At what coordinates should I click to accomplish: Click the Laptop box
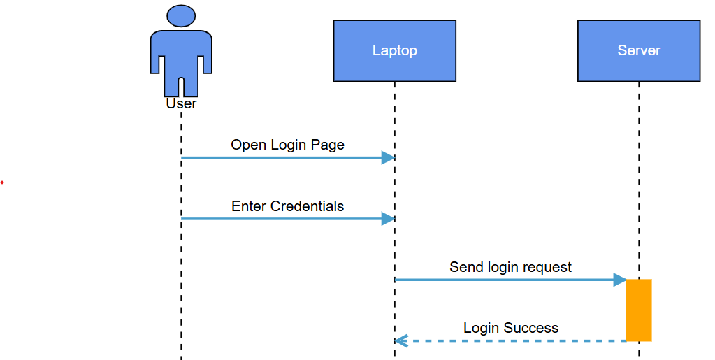coord(394,50)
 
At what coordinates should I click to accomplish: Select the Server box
coord(638,50)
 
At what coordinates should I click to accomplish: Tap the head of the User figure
coord(181,15)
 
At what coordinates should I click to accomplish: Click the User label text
coord(181,103)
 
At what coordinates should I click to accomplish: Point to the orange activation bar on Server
coord(638,310)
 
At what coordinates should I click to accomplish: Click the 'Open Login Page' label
coord(287,145)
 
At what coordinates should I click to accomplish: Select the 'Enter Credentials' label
coord(287,206)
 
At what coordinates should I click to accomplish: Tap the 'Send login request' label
coord(510,267)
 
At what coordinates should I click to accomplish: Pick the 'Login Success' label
coord(510,328)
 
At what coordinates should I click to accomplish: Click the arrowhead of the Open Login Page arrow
coord(388,158)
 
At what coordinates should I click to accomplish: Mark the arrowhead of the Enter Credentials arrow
coord(388,219)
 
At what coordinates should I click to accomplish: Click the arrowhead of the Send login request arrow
coord(619,280)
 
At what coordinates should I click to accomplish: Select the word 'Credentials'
coord(307,206)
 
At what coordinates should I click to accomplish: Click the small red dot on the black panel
coord(2,182)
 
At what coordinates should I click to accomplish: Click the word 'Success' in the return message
coord(530,328)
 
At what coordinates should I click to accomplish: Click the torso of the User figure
coord(181,52)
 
